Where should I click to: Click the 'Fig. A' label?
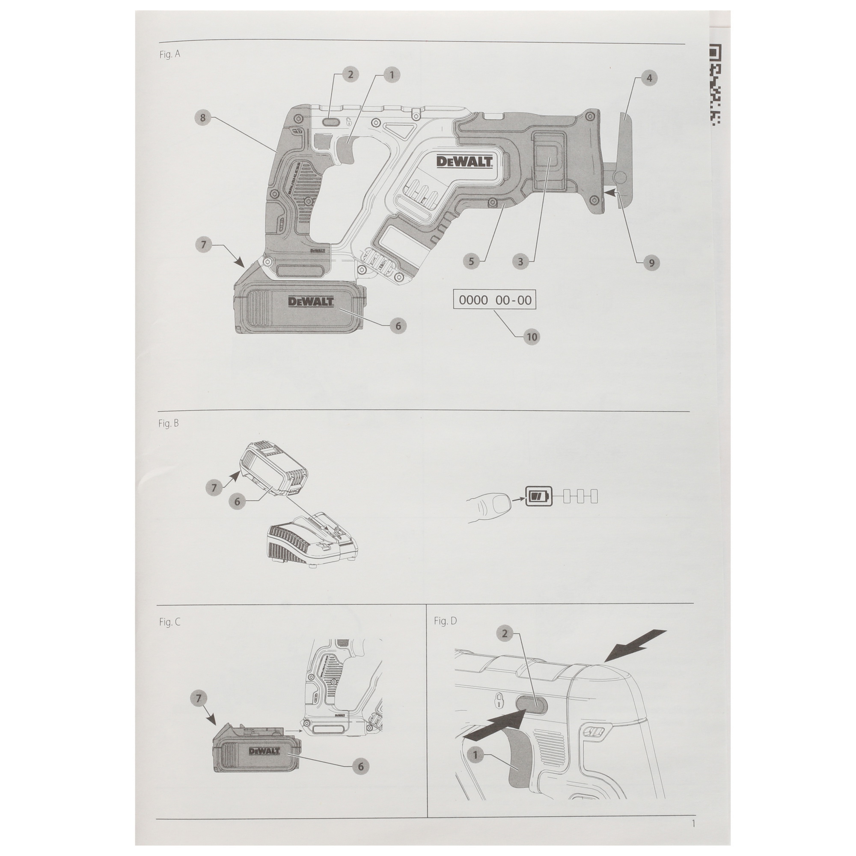[169, 54]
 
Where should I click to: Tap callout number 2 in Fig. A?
[351, 74]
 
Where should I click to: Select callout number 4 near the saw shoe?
[649, 78]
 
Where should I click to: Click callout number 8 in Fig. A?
[203, 117]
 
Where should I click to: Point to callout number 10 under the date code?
[531, 337]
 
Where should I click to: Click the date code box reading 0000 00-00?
[495, 300]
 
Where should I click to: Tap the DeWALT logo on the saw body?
[464, 161]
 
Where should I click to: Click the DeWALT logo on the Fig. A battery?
[311, 302]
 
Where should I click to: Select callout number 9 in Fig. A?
[651, 263]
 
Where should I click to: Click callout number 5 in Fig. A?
[471, 262]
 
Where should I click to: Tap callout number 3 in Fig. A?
[520, 262]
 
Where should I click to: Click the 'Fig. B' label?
[168, 424]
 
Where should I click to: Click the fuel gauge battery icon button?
[539, 496]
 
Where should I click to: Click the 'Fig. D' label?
[445, 621]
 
